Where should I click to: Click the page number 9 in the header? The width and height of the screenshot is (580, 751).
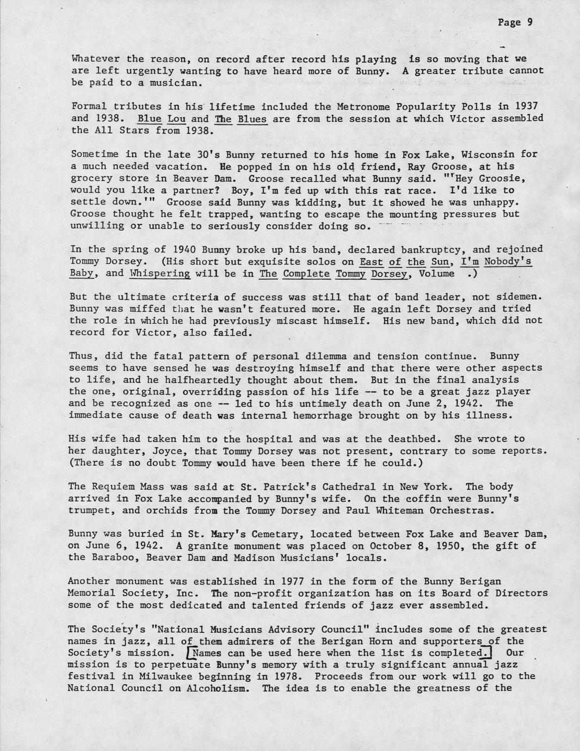tap(529, 22)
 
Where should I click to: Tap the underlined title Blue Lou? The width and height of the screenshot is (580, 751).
tap(162, 119)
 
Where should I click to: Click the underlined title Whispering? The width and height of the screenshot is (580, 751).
tap(160, 273)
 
